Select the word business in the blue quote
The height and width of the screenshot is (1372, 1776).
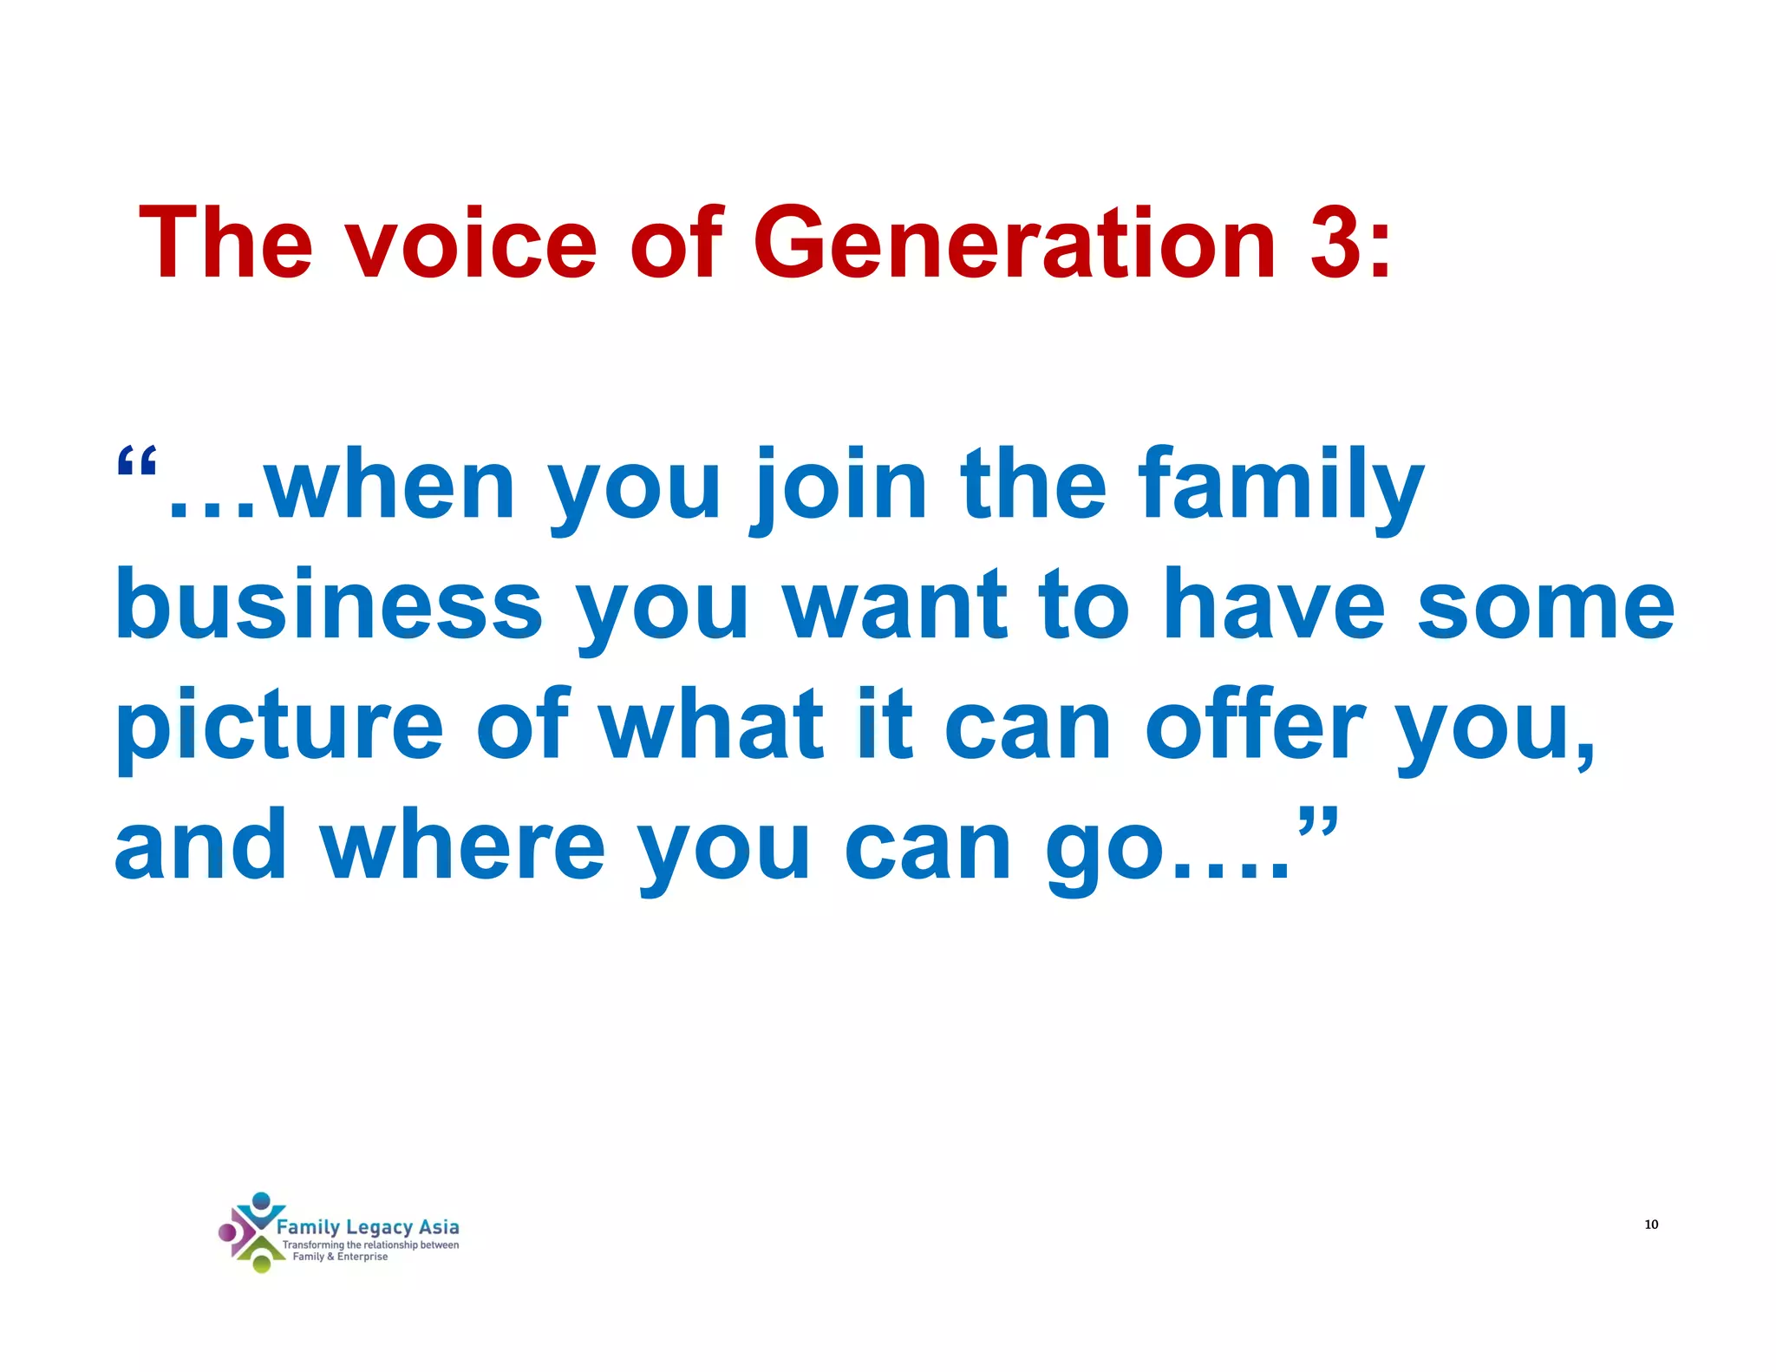(328, 604)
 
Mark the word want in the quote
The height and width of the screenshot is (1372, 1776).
(895, 604)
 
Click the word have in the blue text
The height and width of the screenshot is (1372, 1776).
(1273, 604)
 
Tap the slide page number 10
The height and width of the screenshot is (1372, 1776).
(1651, 1225)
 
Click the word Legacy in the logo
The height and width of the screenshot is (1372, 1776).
(378, 1227)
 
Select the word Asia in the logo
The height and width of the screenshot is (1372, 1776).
(439, 1226)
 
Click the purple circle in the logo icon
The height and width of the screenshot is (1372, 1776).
(227, 1232)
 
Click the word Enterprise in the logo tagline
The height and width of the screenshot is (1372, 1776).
(362, 1257)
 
